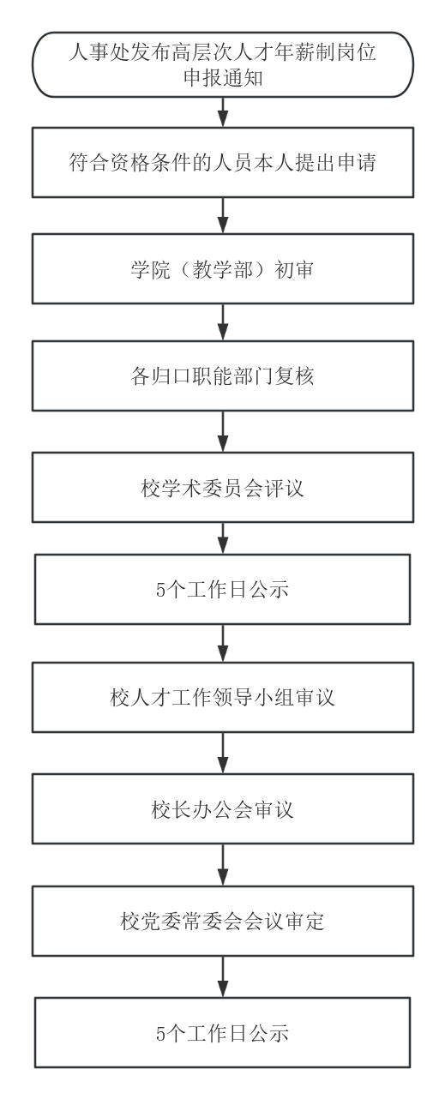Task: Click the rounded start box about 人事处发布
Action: coord(223,64)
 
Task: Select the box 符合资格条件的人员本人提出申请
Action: coord(223,162)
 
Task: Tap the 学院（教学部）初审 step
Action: coord(223,269)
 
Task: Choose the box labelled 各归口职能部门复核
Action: coord(223,375)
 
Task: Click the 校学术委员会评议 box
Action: coord(223,487)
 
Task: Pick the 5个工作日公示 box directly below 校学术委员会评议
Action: coord(223,589)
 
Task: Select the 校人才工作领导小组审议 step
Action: coord(223,697)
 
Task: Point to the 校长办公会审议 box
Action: coord(223,809)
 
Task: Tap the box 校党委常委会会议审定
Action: coord(223,921)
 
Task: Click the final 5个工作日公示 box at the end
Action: coord(223,1032)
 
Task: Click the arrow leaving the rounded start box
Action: coord(223,112)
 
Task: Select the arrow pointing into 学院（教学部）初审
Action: coord(223,216)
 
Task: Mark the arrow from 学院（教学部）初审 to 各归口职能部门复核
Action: coord(223,322)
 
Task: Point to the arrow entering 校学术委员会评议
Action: coord(223,432)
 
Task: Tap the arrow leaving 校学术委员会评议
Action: coord(223,538)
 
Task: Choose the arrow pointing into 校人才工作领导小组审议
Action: coord(223,643)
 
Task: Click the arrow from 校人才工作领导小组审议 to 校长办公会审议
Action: coord(223,754)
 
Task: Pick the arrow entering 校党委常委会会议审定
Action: coord(223,865)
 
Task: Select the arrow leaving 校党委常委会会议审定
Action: coord(223,976)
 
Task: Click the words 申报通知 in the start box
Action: coord(223,77)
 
